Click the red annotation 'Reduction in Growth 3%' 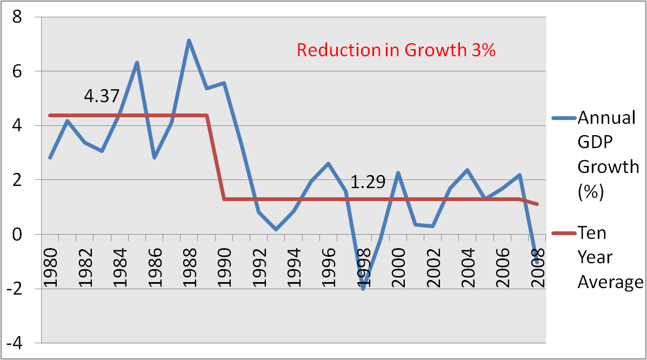pyautogui.click(x=396, y=50)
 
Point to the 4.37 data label pyautogui.click(x=101, y=96)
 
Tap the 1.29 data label pyautogui.click(x=368, y=182)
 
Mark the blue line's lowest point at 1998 pyautogui.click(x=364, y=289)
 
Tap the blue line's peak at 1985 pyautogui.click(x=137, y=62)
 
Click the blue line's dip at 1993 pyautogui.click(x=276, y=230)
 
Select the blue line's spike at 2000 pyautogui.click(x=398, y=173)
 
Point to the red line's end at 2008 pyautogui.click(x=538, y=204)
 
